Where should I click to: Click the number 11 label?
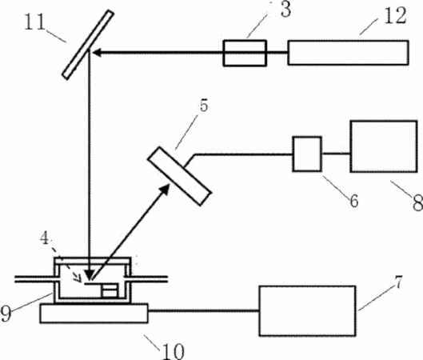pyautogui.click(x=34, y=22)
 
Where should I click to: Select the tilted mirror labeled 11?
pyautogui.click(x=88, y=45)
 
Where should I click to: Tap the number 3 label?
pyautogui.click(x=286, y=10)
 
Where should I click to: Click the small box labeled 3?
pyautogui.click(x=245, y=53)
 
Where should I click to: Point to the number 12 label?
pyautogui.click(x=395, y=16)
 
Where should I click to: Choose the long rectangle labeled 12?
pyautogui.click(x=348, y=53)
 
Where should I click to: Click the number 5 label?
pyautogui.click(x=204, y=106)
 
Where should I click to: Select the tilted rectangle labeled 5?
pyautogui.click(x=179, y=176)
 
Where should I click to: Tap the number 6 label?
pyautogui.click(x=354, y=201)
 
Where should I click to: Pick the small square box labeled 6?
pyautogui.click(x=307, y=154)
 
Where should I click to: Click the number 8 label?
pyautogui.click(x=417, y=202)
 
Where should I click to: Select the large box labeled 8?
pyautogui.click(x=384, y=146)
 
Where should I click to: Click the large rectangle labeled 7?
pyautogui.click(x=307, y=311)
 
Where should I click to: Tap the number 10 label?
pyautogui.click(x=174, y=351)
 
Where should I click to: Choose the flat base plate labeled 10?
pyautogui.click(x=94, y=314)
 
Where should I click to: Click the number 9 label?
pyautogui.click(x=6, y=314)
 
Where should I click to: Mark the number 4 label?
pyautogui.click(x=45, y=238)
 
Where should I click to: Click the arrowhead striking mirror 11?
pyautogui.click(x=97, y=52)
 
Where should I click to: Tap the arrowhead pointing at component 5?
pyautogui.click(x=164, y=189)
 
